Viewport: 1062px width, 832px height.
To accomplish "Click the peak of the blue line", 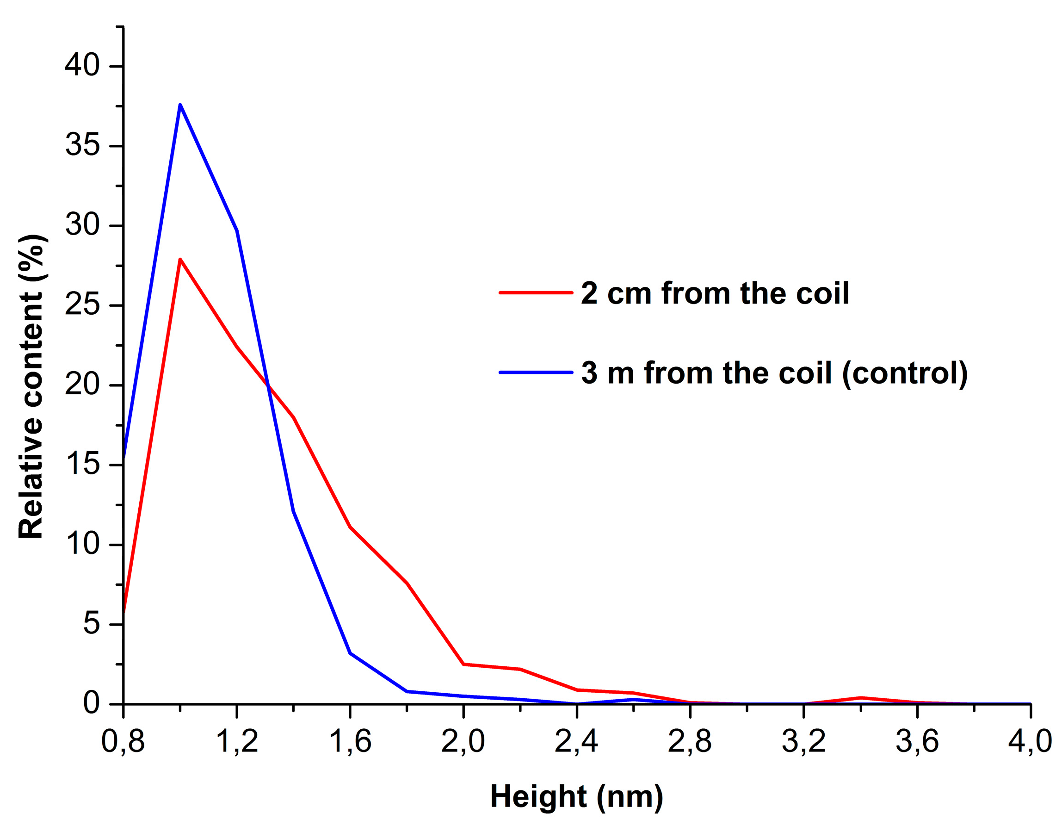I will tap(180, 105).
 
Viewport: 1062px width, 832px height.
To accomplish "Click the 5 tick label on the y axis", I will tap(91, 623).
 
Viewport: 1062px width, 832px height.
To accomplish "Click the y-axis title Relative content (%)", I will tap(31, 387).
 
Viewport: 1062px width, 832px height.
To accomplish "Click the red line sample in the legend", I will tap(536, 293).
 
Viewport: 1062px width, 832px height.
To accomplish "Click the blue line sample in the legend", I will tap(536, 373).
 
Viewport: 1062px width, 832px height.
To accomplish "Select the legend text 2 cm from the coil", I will tap(715, 293).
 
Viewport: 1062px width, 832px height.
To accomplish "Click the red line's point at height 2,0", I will tap(463, 664).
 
